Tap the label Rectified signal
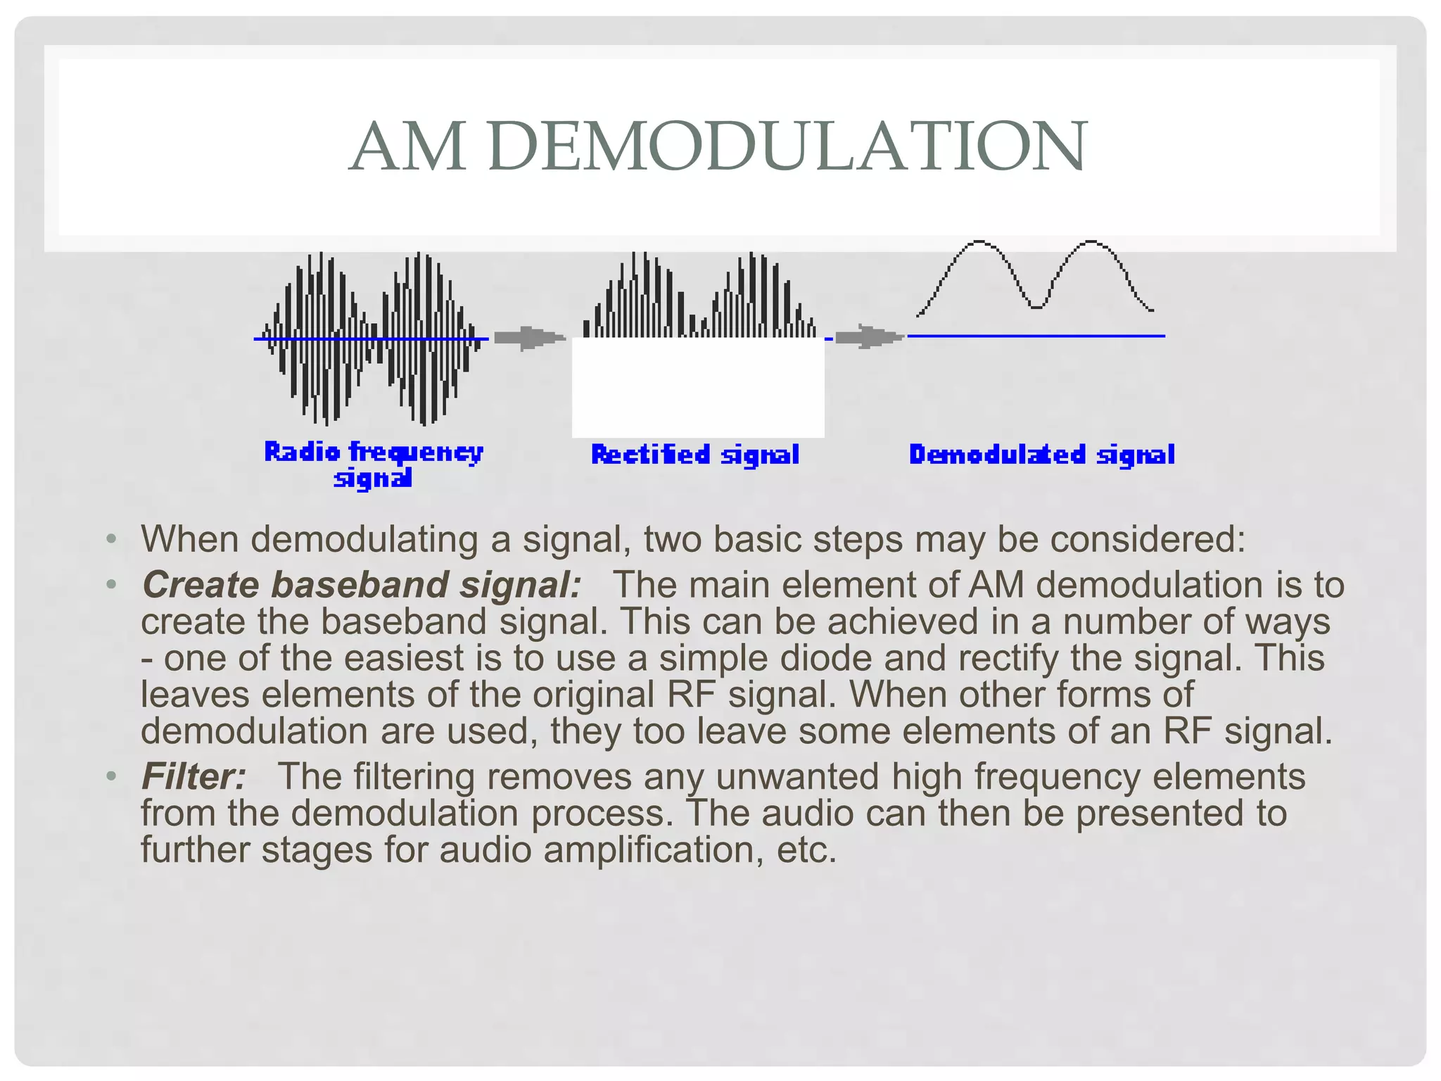coord(695,455)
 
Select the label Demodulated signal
coord(1041,455)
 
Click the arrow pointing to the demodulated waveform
coord(868,337)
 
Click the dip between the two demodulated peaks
coord(1036,305)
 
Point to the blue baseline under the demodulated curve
coord(1036,336)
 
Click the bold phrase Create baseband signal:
coord(362,585)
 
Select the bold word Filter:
coord(193,777)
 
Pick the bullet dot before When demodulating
coord(110,540)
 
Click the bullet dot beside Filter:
coord(110,777)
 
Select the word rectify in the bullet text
coord(1008,658)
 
